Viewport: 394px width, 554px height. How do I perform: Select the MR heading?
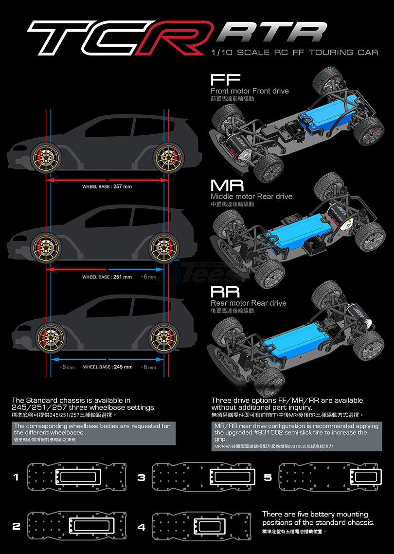(227, 185)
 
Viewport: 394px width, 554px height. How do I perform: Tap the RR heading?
(225, 292)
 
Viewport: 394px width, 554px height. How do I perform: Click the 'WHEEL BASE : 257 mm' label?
(107, 186)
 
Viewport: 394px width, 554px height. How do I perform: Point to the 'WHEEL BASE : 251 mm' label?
(107, 277)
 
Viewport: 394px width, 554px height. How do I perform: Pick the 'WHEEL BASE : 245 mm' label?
(108, 367)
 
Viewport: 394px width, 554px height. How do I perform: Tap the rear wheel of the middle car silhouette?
(162, 247)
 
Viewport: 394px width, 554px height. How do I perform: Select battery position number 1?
(16, 478)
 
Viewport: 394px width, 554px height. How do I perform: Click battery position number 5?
(268, 478)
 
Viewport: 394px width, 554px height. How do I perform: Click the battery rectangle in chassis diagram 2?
(92, 526)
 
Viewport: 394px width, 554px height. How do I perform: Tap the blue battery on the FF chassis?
(323, 117)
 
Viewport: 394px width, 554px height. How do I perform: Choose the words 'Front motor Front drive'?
(250, 91)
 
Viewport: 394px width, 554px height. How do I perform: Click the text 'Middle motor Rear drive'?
(251, 197)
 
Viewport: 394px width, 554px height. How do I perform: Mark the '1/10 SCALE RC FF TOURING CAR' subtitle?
(295, 52)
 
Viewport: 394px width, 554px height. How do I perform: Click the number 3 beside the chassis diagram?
(141, 478)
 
